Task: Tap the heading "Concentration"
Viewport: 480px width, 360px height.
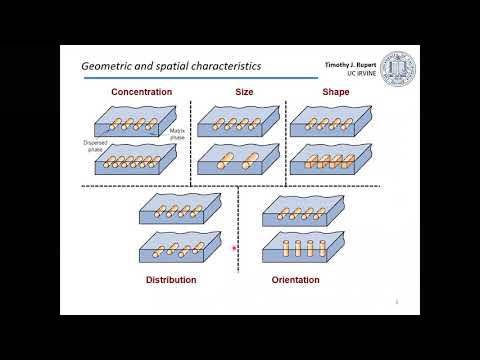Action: coord(141,92)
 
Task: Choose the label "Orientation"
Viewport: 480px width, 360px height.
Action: coord(295,280)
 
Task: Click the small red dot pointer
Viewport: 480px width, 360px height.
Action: coord(235,248)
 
